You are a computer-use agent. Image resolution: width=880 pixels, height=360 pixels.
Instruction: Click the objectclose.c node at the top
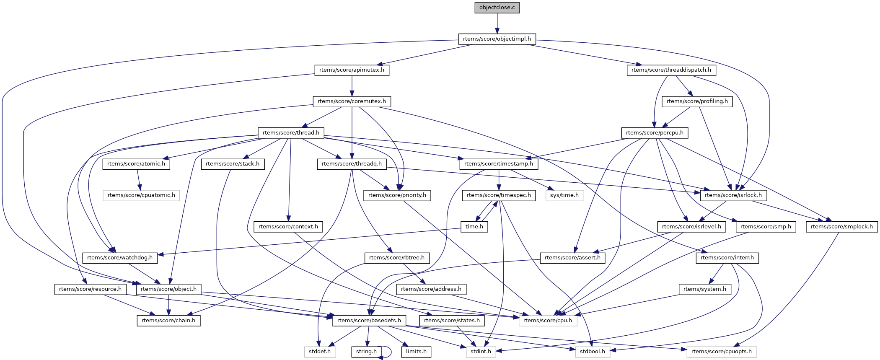497,8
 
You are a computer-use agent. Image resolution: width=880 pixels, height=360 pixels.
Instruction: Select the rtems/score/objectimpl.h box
497,39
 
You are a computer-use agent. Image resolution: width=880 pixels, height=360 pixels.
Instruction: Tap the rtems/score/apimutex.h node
352,70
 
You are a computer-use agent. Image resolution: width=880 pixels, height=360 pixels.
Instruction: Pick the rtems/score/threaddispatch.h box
671,70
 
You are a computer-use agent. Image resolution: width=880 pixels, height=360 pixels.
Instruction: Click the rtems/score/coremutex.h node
352,101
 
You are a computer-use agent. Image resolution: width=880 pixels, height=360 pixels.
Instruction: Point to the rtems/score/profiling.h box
697,101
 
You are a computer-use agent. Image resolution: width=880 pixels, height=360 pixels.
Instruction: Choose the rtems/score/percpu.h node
655,133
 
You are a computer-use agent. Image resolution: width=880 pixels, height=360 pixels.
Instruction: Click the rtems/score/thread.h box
291,133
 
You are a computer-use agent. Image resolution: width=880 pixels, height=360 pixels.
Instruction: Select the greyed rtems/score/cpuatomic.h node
141,195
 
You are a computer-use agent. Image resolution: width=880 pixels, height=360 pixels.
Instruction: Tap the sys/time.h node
564,195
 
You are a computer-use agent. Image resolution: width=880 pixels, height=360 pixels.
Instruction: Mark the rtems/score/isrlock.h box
733,195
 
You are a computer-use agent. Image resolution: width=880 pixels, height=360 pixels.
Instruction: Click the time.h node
474,227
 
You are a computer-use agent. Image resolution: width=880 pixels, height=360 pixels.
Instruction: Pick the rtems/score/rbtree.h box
397,258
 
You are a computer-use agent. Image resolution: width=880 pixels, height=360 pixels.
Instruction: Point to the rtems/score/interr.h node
727,258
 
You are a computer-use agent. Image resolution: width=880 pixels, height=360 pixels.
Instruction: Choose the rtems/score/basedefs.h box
369,321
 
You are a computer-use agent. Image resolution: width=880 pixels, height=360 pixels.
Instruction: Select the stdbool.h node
593,352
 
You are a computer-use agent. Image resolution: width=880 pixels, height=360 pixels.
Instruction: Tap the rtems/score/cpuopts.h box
722,352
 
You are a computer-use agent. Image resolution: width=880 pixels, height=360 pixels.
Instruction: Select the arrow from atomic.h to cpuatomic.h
139,180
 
